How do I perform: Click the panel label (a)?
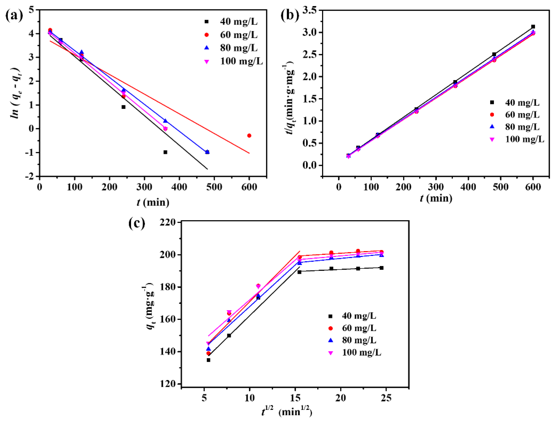click(14, 16)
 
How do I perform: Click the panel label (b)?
click(290, 16)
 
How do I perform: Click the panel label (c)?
click(137, 223)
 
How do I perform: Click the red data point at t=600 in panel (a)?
click(249, 136)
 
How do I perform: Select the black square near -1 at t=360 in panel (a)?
click(165, 152)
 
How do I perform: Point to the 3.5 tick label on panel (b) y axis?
click(308, 11)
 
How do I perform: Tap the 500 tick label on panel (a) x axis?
click(214, 187)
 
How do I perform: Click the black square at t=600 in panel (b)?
click(533, 27)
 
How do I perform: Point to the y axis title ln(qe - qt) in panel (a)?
click(16, 93)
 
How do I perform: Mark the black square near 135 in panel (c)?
click(208, 360)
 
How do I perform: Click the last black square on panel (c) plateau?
click(382, 268)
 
